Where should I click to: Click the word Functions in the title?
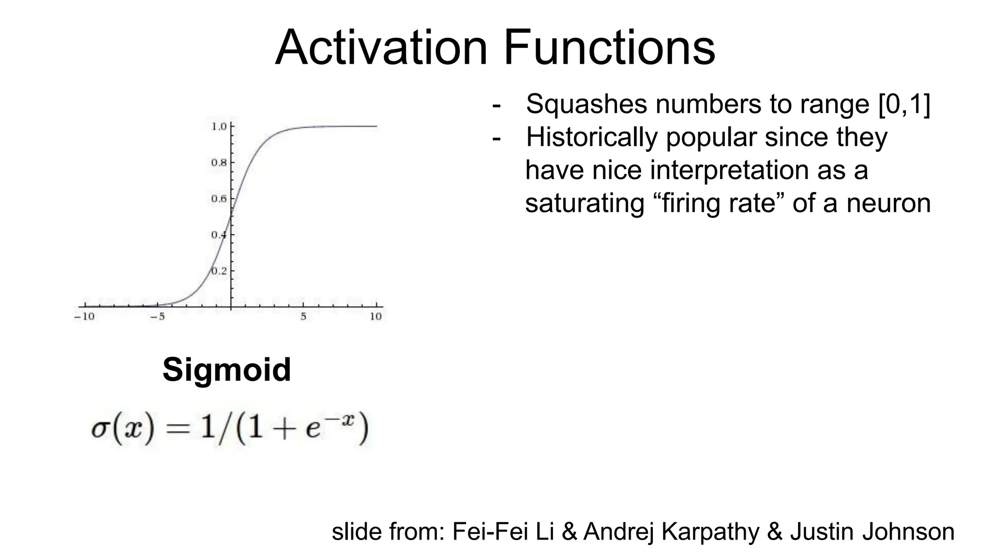pos(609,48)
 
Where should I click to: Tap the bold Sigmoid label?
pos(226,370)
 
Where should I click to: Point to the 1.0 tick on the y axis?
pos(219,127)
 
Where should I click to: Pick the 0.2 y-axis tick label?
pos(219,271)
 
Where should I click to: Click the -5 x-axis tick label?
pos(157,317)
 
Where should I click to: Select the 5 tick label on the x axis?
pos(303,317)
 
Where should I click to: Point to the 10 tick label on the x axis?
pos(376,317)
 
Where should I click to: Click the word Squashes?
pos(586,104)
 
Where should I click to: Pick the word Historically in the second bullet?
pos(592,137)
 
